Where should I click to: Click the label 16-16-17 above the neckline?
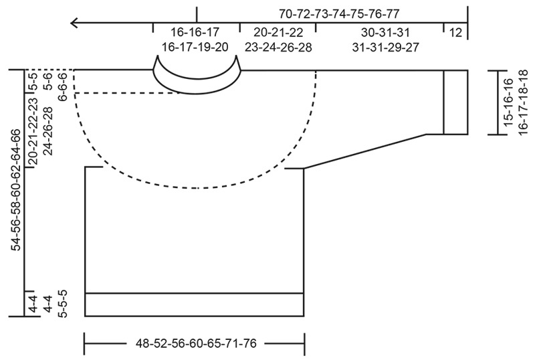[x=195, y=32]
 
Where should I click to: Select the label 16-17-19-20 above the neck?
[x=195, y=47]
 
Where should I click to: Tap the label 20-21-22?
[x=278, y=32]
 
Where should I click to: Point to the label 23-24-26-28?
[x=278, y=47]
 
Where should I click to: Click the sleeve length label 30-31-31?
[x=379, y=32]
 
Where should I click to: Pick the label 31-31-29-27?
[x=379, y=47]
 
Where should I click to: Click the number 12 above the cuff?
[x=455, y=32]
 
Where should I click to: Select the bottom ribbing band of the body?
[x=194, y=304]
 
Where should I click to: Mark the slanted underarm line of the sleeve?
[x=364, y=151]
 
